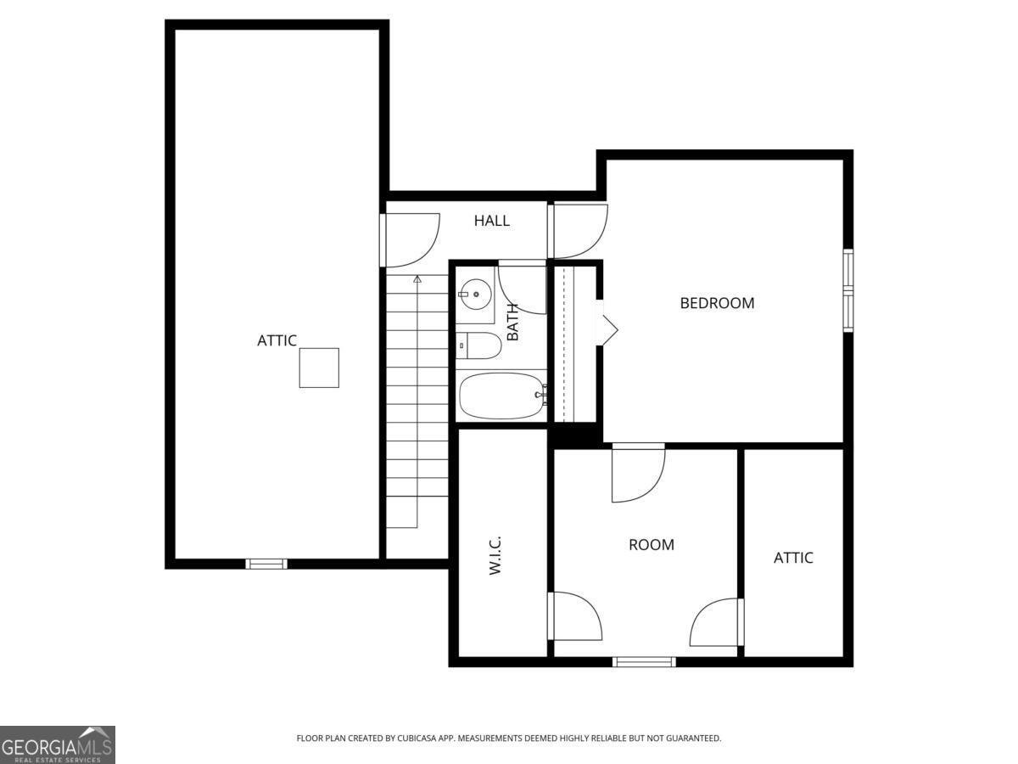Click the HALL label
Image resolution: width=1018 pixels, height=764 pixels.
point(492,221)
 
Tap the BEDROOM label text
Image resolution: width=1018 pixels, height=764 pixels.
point(717,303)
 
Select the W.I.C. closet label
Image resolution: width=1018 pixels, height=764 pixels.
point(496,556)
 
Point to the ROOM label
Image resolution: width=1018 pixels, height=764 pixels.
point(652,545)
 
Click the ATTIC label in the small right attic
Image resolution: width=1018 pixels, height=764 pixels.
point(793,558)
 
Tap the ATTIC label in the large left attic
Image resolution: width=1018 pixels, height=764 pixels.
point(277,340)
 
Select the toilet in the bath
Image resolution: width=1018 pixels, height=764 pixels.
point(479,345)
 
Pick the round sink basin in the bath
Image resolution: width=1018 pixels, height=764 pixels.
point(476,295)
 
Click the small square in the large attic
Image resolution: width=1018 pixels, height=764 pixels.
point(319,368)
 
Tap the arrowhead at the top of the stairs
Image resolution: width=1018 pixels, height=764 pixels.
point(417,278)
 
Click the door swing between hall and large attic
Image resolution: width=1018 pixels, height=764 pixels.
point(412,240)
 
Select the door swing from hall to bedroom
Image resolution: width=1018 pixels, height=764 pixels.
point(580,231)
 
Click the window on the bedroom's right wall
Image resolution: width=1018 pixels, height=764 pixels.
point(847,290)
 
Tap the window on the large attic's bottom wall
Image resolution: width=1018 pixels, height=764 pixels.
point(266,564)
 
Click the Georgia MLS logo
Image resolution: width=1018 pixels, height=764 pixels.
point(57,744)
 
